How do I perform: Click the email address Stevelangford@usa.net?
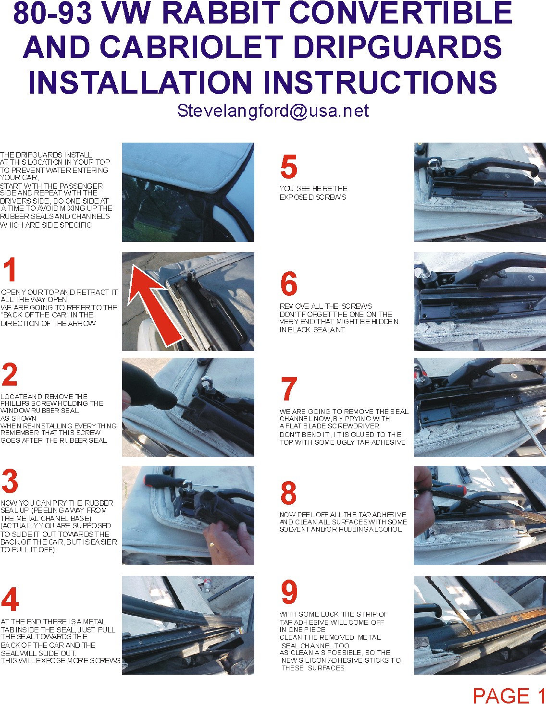coord(273,111)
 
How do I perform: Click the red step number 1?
coord(10,269)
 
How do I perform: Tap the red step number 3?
coord(10,481)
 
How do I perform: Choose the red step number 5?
coord(288,167)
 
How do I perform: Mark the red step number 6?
coord(289,283)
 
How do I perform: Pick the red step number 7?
coord(289,388)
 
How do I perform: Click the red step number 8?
coord(288,493)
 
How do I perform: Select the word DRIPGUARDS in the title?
coord(397,47)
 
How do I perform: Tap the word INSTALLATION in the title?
coord(140,82)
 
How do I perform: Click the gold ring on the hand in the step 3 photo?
coord(212,544)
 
